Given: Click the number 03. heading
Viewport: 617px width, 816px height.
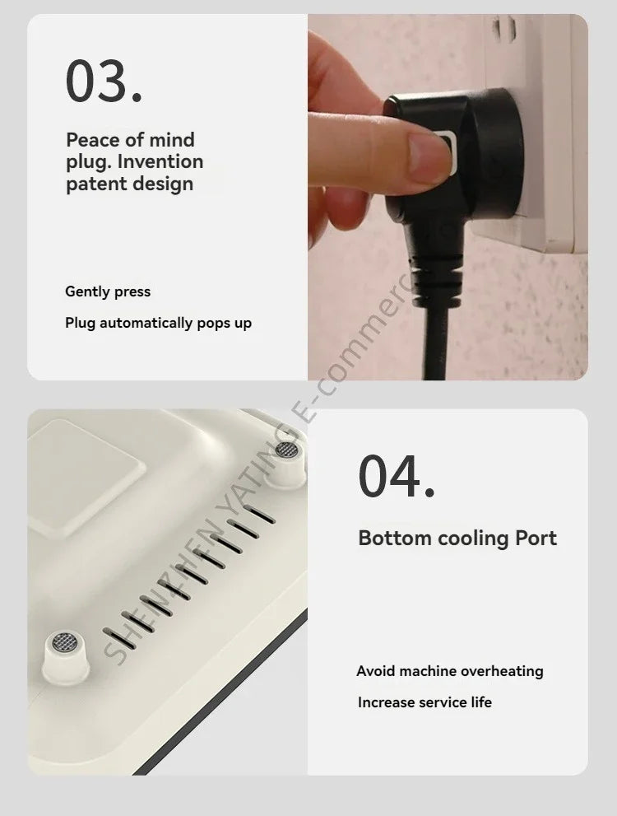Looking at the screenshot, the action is coord(104,81).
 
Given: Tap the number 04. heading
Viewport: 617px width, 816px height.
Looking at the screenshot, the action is coord(396,477).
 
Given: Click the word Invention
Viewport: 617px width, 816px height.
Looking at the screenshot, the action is coord(160,162).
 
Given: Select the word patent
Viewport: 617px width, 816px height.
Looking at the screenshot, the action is coord(94,184).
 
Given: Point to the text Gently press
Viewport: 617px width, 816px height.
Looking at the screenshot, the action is coord(108,291).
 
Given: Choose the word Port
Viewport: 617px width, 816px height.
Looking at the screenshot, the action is coord(536,539).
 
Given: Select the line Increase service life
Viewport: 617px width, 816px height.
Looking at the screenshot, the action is coord(424,702).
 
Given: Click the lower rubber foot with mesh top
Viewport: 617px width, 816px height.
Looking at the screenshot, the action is coord(65,657).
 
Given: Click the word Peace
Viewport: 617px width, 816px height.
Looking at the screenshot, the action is coord(92,140).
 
